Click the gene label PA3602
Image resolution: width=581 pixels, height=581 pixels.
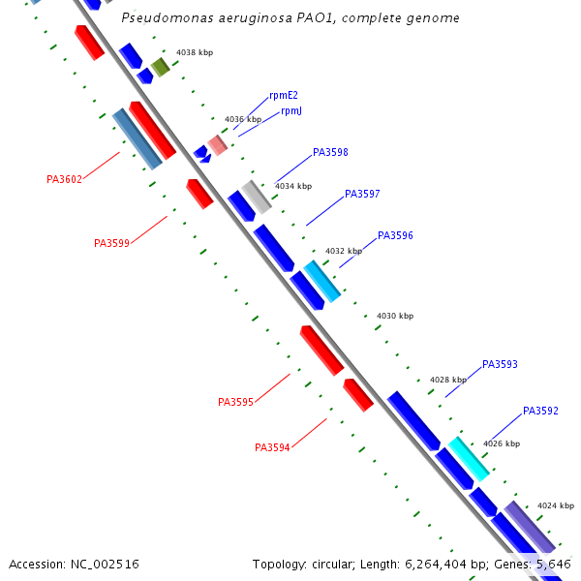point(64,179)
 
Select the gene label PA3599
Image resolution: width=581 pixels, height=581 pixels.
point(111,243)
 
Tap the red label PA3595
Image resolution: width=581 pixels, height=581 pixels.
point(235,402)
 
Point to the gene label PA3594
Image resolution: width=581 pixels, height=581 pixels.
point(272,447)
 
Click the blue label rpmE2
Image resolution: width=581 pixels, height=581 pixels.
point(284,95)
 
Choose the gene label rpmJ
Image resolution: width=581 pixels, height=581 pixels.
point(291,111)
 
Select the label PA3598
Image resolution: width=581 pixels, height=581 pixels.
point(330,153)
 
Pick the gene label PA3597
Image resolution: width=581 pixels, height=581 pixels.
point(362,195)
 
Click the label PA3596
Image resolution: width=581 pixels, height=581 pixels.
point(395,235)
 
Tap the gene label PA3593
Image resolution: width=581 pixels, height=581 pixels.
point(500,365)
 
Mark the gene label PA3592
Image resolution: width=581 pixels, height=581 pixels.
point(540,412)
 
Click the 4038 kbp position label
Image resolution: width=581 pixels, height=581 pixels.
point(194,52)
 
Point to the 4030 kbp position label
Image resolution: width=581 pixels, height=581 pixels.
point(395,317)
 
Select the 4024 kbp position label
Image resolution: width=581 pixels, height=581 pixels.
point(556,505)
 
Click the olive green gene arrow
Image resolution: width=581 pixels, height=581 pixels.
point(160,67)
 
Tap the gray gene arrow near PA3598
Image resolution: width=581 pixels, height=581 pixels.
point(257,197)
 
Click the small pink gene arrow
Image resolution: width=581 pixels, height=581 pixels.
point(218,144)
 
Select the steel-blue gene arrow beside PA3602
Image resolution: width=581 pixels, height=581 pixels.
point(137,138)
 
